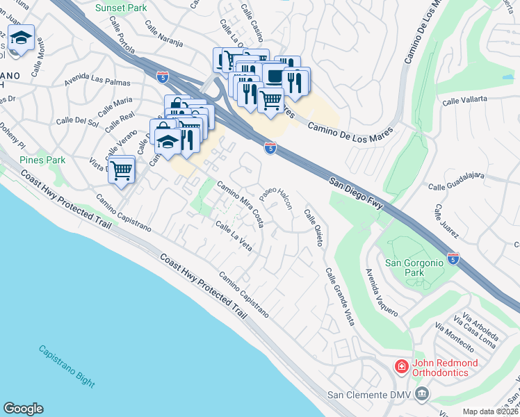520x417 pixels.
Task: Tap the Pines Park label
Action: (42, 160)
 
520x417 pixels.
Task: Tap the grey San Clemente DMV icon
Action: (421, 395)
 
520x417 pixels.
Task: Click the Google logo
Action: (23, 409)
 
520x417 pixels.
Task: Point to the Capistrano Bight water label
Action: (66, 366)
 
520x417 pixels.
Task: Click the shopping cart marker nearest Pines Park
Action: (122, 169)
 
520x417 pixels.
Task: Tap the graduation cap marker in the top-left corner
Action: (21, 39)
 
